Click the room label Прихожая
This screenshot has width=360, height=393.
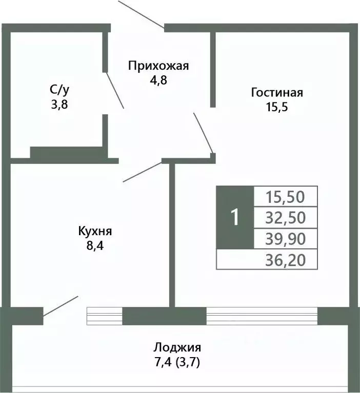[x=158, y=66]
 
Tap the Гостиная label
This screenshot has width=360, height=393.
[x=277, y=93]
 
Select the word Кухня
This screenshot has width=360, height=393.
[x=95, y=231]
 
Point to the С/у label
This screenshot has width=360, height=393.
[x=59, y=90]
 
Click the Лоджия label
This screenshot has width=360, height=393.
[x=178, y=347]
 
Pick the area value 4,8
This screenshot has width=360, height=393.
[x=158, y=80]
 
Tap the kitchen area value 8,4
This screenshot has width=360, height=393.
[x=95, y=245]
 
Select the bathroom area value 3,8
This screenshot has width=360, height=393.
[x=59, y=105]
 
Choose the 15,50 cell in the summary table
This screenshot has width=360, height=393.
[x=286, y=196]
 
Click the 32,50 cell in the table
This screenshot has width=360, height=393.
[x=286, y=218]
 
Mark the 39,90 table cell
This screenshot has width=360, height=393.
[x=286, y=239]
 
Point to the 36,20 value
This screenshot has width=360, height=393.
[x=286, y=261]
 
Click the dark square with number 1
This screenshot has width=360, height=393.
[x=235, y=218]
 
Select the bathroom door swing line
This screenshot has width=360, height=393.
[x=114, y=90]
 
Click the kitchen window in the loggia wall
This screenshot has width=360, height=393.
[x=105, y=316]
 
